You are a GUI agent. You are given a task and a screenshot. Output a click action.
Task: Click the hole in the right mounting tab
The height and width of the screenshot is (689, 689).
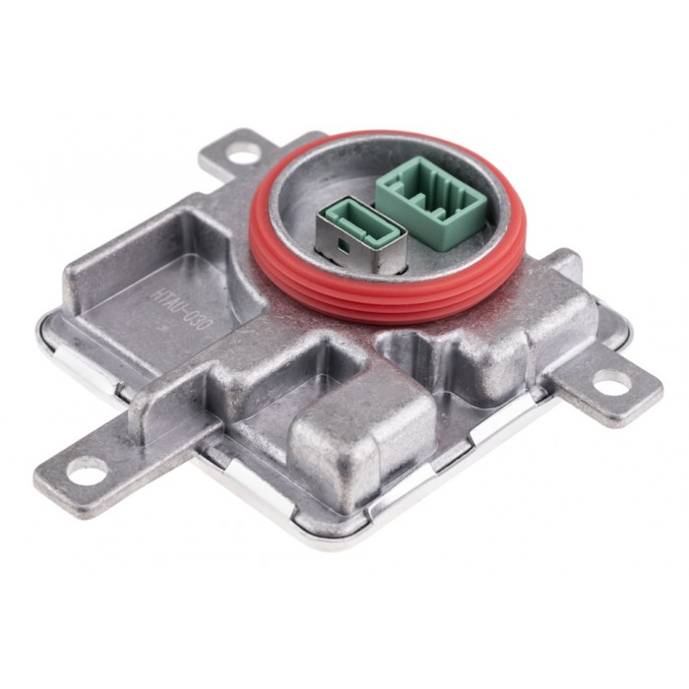pyautogui.click(x=611, y=384)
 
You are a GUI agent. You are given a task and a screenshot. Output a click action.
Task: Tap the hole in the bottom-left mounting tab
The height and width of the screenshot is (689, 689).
pyautogui.click(x=87, y=474)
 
